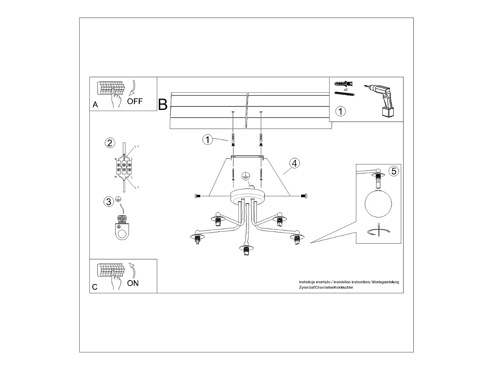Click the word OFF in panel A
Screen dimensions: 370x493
[x=135, y=101]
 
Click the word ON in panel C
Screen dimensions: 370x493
[x=133, y=283]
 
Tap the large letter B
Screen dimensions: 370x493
[x=163, y=105]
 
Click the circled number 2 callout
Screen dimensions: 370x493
[x=110, y=143]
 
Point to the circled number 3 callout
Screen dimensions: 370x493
[x=109, y=202]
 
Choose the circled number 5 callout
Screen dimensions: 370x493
[x=394, y=171]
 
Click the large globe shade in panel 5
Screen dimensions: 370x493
[x=379, y=204]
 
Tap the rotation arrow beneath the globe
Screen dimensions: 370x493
[x=379, y=232]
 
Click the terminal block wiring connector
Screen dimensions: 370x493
[x=124, y=167]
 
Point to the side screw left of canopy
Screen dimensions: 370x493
[x=197, y=196]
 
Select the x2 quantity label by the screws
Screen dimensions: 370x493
[x=346, y=90]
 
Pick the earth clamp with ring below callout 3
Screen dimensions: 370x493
[x=121, y=229]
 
